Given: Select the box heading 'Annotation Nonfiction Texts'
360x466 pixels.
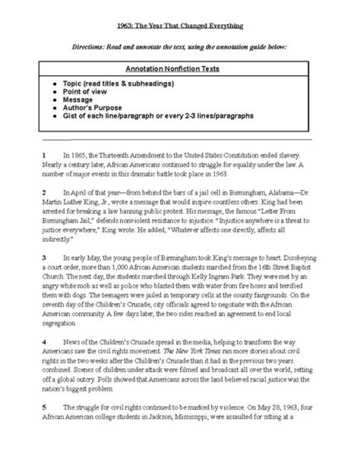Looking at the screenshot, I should point(179,69).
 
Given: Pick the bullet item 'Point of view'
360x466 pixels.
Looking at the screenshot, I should point(84,92).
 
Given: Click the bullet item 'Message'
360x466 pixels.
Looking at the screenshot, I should point(77,100).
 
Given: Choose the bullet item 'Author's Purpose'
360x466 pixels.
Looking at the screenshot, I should point(92,108).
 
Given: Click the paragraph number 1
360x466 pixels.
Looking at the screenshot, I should point(44,156).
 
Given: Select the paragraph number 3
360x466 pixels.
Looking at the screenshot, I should point(44,258).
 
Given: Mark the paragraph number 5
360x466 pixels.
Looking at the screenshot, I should point(44,408).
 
